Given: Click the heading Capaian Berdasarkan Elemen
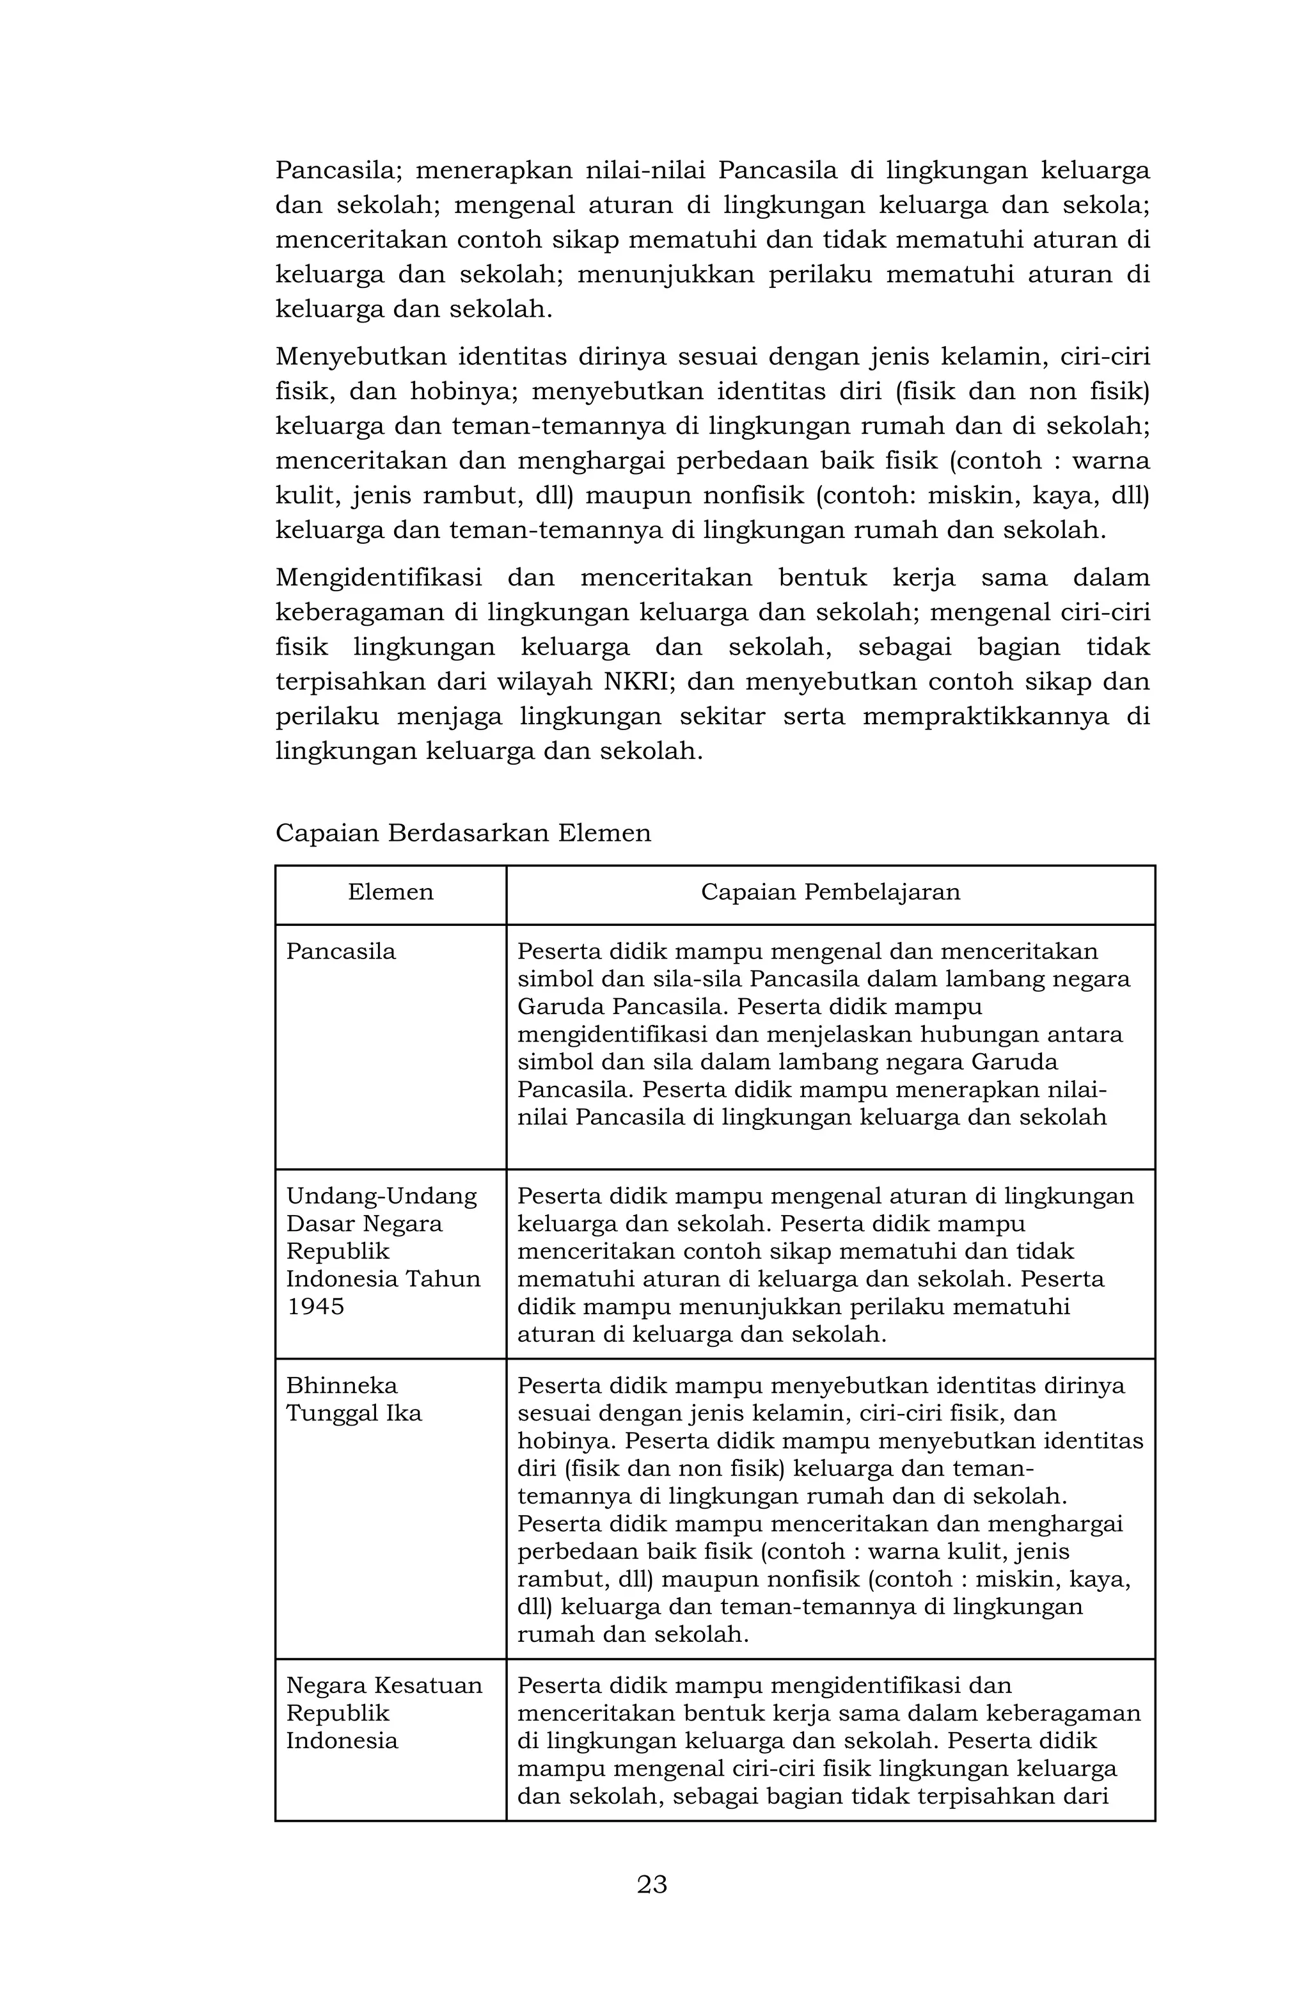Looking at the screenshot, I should point(463,832).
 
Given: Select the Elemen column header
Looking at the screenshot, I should point(391,892).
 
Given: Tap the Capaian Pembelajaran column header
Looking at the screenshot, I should point(830,892).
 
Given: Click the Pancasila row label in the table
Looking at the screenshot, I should point(341,951).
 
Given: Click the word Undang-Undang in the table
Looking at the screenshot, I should point(381,1196).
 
